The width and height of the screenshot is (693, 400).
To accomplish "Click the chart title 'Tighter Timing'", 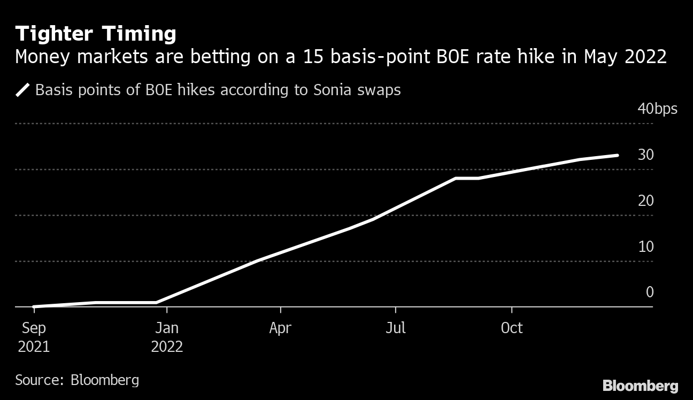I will coord(96,34).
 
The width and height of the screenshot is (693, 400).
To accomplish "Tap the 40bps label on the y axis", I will coord(657,109).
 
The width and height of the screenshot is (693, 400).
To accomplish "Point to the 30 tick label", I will coord(645,155).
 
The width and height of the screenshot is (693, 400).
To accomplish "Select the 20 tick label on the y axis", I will coord(645,201).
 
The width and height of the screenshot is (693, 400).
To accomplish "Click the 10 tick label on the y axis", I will coord(645,247).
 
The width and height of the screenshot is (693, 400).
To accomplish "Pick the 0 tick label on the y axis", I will coord(650,292).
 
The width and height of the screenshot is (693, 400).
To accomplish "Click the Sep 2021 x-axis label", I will coord(34,337).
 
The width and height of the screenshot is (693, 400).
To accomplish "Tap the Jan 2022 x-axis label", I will coord(167,337).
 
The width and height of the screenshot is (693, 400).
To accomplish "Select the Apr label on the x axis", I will coord(280,328).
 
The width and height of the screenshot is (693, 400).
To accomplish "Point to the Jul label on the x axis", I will coord(395,328).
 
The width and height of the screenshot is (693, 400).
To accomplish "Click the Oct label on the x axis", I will coord(512,328).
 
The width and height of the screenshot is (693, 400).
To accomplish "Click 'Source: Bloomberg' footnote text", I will coord(77,380).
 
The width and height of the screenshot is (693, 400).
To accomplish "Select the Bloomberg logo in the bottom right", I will coord(640,386).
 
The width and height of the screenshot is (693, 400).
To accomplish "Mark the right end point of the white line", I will coord(618,156).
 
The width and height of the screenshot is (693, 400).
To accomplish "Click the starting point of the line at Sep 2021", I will coord(34,306).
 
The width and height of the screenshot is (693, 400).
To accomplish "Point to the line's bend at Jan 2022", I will coord(157,303).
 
